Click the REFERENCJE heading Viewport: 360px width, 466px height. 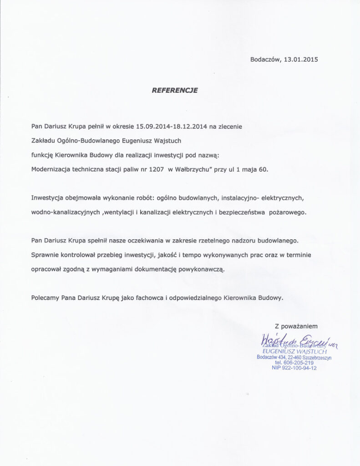tap(174, 91)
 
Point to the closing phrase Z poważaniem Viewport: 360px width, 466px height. tap(295, 326)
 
